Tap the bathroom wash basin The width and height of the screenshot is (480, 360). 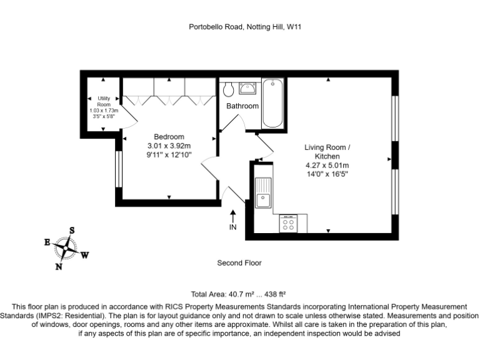click(247, 88)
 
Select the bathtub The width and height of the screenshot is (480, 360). click(272, 103)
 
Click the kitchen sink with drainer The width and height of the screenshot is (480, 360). click(263, 192)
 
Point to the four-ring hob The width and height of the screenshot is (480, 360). click(288, 223)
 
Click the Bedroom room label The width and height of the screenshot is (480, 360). click(169, 137)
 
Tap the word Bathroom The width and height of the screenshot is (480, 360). click(242, 106)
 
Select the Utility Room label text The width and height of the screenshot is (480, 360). click(104, 101)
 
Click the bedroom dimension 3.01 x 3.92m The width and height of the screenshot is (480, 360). click(169, 146)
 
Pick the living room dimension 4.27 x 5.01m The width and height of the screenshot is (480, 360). click(327, 165)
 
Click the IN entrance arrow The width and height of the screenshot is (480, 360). click(233, 216)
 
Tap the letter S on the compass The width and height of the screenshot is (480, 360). click(72, 230)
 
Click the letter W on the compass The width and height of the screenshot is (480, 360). click(85, 255)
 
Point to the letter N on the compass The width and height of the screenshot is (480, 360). click(59, 267)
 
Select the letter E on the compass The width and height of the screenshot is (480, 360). click(47, 242)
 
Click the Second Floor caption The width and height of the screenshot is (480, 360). click(239, 263)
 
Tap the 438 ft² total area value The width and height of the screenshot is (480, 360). click(275, 294)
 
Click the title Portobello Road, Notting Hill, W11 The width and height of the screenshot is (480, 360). click(245, 27)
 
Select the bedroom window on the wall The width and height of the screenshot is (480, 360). click(119, 169)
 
